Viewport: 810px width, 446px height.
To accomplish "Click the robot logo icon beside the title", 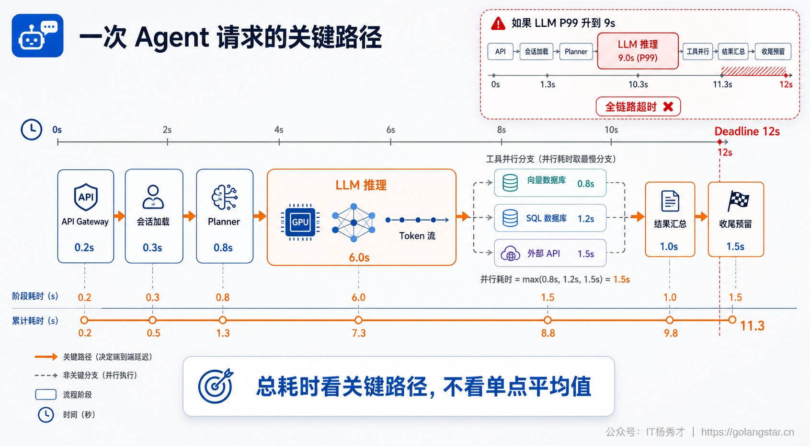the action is tap(38, 35).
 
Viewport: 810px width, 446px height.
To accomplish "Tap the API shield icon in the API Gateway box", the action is tap(86, 197).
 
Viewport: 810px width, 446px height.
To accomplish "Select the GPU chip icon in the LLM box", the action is tap(300, 222).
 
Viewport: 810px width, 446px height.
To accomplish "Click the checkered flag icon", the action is tap(738, 200).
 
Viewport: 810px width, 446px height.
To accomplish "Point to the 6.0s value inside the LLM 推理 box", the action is tap(359, 258).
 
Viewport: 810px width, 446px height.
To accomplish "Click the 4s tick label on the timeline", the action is tap(278, 129).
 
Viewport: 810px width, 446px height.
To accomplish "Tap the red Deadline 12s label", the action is tap(747, 131).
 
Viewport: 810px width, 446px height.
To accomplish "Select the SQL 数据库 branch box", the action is tap(550, 218).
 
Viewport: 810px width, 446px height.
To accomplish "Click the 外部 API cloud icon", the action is tap(510, 253).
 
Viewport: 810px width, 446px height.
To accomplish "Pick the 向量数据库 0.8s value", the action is tap(585, 184).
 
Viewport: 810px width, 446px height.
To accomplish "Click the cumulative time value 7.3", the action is tap(359, 333).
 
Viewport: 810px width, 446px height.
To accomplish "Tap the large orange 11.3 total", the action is tap(752, 326).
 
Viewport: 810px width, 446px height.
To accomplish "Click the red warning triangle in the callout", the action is tap(498, 23).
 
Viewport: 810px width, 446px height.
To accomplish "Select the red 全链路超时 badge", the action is tap(638, 106).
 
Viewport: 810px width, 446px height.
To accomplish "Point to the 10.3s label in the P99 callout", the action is tap(638, 84).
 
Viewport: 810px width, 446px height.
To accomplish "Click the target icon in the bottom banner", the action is tap(216, 386).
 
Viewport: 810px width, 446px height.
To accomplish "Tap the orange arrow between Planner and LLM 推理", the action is tap(260, 216).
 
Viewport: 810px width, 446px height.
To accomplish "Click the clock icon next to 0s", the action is tap(32, 129).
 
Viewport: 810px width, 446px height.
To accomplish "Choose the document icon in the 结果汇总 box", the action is tap(670, 201).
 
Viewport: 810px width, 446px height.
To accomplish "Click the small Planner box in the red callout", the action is tap(576, 51).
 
